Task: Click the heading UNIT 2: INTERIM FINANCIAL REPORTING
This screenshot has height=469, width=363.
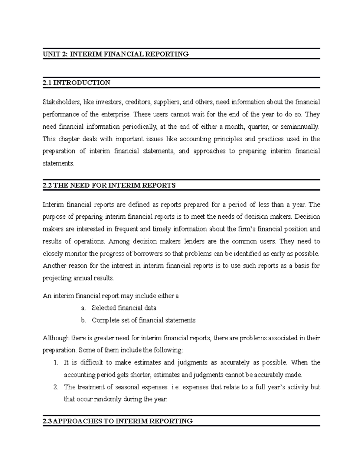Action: coord(116,54)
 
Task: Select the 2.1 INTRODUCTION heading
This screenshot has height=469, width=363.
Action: coord(77,83)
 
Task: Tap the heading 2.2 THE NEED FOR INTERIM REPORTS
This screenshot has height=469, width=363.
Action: coord(109,185)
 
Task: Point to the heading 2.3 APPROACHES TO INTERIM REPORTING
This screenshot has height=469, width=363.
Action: coord(118,421)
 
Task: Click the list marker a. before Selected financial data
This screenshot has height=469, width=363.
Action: coord(83,308)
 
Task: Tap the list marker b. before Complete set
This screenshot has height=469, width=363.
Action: coord(83,320)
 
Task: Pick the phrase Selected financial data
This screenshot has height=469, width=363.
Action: coord(124,308)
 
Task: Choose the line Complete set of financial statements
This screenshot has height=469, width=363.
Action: coord(144,320)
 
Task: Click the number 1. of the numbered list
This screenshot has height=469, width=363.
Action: coord(56,363)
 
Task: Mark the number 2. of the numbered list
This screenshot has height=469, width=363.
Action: coord(56,387)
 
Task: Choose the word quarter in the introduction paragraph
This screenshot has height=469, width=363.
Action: coord(258,127)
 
